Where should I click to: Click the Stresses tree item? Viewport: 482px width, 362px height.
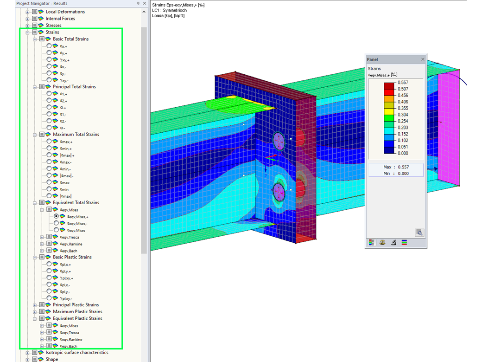pyautogui.click(x=53, y=26)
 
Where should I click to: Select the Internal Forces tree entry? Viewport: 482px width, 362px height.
pyautogui.click(x=60, y=19)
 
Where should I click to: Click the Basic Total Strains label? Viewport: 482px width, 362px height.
pyautogui.click(x=70, y=39)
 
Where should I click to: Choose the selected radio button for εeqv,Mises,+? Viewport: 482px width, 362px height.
pyautogui.click(x=57, y=216)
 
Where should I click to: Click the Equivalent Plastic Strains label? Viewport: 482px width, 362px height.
pyautogui.click(x=77, y=318)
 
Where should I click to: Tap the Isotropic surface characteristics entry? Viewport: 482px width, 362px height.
pyautogui.click(x=76, y=352)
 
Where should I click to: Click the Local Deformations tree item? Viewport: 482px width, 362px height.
pyautogui.click(x=65, y=12)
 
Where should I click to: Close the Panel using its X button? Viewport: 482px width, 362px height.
pyautogui.click(x=422, y=59)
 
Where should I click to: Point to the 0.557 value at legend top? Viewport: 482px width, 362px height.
pyautogui.click(x=403, y=82)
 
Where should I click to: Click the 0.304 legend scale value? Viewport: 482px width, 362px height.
pyautogui.click(x=403, y=115)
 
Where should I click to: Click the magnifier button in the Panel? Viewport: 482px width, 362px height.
pyautogui.click(x=419, y=233)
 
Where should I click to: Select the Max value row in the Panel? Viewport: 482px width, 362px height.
pyautogui.click(x=395, y=167)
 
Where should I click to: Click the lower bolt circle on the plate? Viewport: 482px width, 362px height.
pyautogui.click(x=278, y=191)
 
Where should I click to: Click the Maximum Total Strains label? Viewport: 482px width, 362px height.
pyautogui.click(x=76, y=135)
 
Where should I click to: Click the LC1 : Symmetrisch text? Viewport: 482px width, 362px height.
pyautogui.click(x=169, y=10)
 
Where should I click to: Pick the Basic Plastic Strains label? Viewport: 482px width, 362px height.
pyautogui.click(x=72, y=257)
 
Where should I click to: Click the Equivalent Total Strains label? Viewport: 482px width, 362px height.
pyautogui.click(x=76, y=202)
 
